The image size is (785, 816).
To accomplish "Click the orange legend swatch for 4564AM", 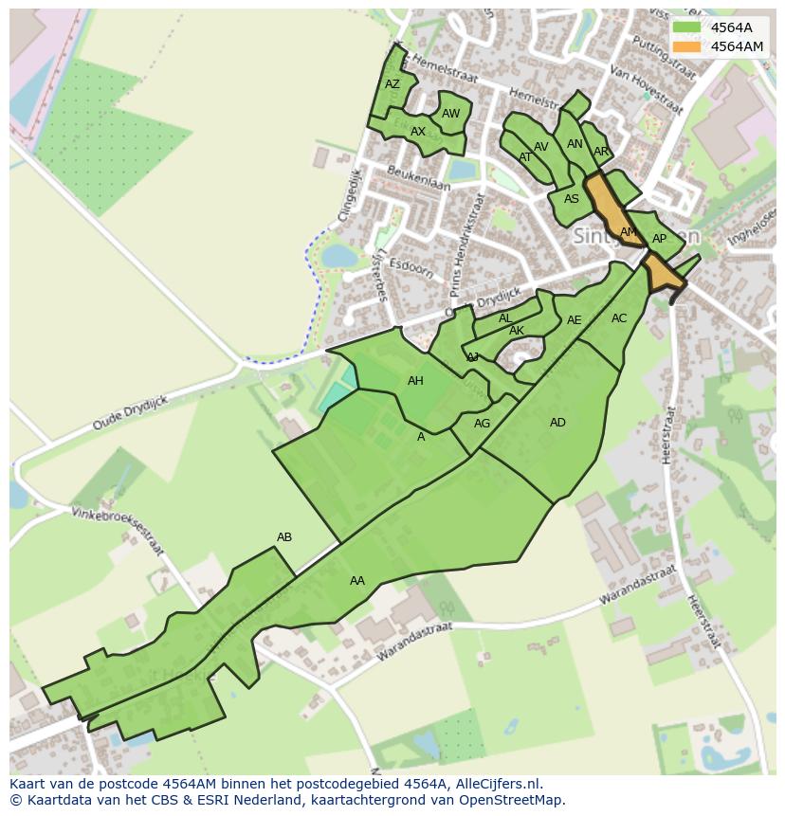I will click(686, 46).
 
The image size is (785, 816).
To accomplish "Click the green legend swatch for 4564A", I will click(686, 27).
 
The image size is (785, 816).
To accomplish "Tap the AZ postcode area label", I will click(392, 84).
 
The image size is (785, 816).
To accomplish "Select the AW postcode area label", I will click(451, 114).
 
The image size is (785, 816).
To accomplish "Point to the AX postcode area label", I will click(418, 132).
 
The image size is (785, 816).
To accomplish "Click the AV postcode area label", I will click(541, 147).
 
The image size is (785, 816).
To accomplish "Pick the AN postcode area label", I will click(575, 144).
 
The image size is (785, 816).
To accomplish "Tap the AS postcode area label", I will click(572, 199).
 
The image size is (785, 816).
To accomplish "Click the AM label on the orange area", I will click(628, 232).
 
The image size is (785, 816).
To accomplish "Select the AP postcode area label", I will click(659, 239).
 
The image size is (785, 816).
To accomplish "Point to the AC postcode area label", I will click(619, 318).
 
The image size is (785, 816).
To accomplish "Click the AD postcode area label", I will click(557, 423).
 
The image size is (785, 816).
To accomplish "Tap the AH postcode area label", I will click(415, 381).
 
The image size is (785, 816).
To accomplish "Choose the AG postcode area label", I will click(482, 424).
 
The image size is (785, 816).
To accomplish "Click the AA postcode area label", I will click(357, 581).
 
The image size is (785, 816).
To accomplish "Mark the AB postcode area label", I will click(284, 537).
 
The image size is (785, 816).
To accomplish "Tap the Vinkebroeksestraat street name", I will click(118, 531).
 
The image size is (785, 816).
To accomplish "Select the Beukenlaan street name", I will click(418, 178).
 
